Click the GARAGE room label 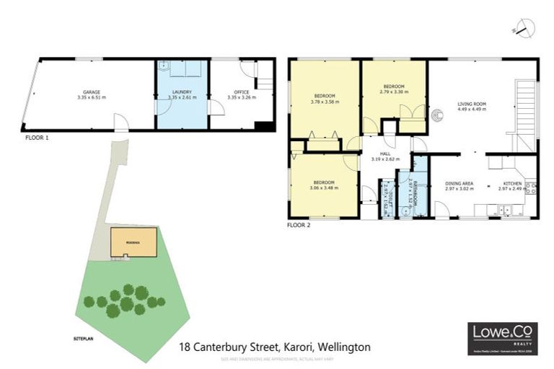click(x=91, y=92)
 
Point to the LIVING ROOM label click(x=472, y=105)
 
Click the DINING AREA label click(x=459, y=184)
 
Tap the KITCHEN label click(x=512, y=184)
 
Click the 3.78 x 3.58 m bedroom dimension click(x=325, y=102)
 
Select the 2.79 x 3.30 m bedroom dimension click(x=395, y=92)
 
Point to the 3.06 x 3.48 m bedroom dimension click(x=324, y=187)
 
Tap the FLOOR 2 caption click(x=299, y=225)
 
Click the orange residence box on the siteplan click(x=133, y=243)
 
